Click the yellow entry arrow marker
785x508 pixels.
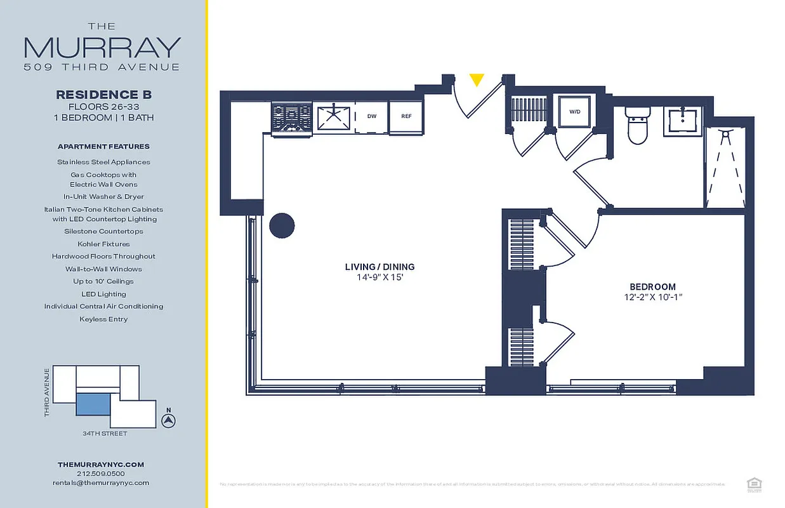477,80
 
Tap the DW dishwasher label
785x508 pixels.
372,117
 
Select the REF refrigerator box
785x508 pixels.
406,117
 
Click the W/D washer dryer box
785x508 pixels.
574,112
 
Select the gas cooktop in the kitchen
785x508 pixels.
291,118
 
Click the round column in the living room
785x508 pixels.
282,225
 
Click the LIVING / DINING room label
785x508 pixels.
379,267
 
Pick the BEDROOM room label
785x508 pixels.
652,287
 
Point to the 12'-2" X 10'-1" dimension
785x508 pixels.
652,297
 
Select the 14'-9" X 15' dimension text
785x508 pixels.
379,277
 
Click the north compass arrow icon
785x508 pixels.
168,420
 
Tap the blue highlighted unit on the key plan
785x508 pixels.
93,404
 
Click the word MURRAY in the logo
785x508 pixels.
103,48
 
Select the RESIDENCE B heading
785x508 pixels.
104,95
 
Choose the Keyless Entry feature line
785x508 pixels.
103,319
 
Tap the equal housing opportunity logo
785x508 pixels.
754,484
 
